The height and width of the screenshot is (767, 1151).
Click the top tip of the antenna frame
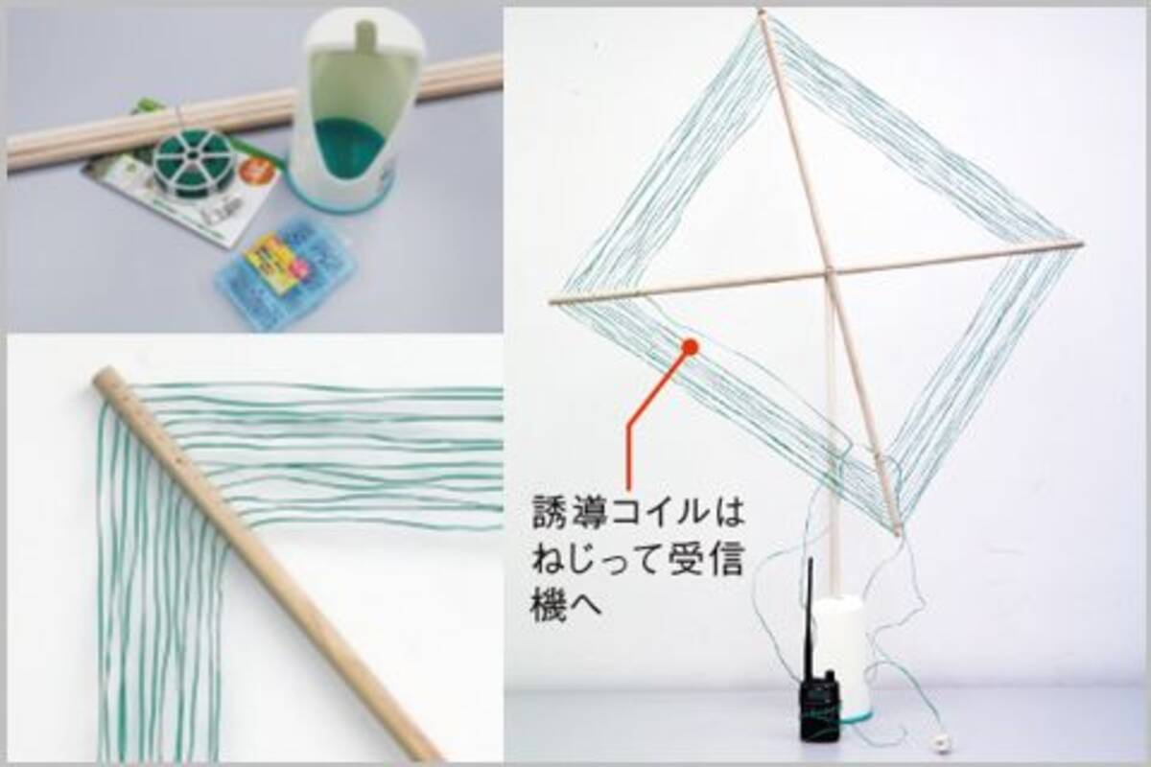click(761, 13)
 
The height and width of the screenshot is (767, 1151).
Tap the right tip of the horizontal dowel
click(1080, 244)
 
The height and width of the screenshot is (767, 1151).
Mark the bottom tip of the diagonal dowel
click(898, 530)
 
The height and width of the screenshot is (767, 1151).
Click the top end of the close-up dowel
click(102, 375)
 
